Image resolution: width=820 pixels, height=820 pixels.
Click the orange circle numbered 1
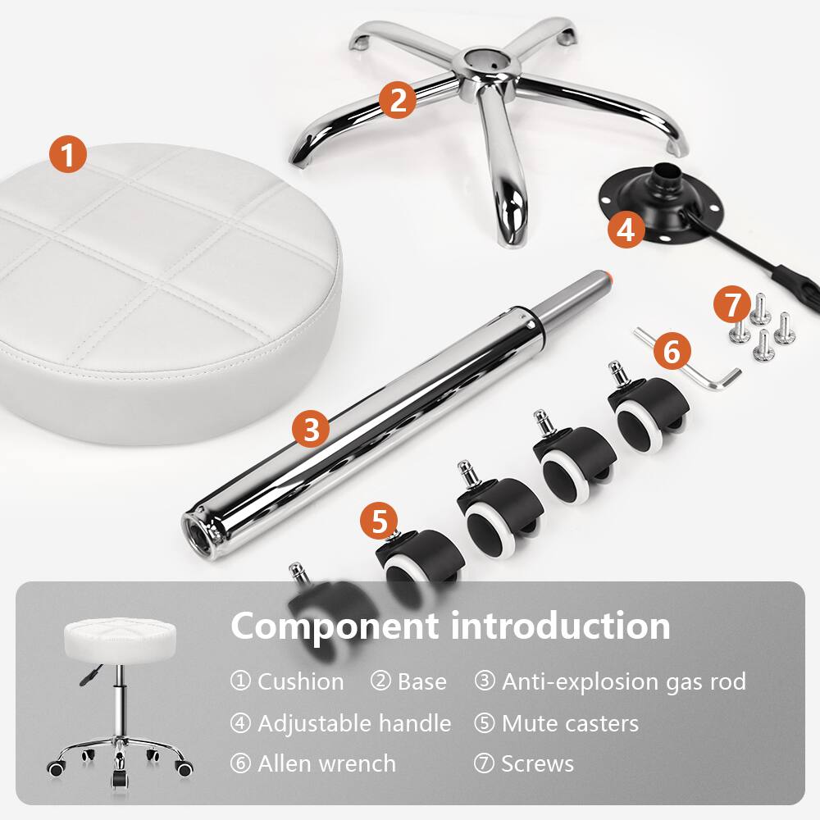point(68,154)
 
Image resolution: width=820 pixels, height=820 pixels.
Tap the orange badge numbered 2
point(398,101)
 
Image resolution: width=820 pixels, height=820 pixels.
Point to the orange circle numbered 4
point(626,230)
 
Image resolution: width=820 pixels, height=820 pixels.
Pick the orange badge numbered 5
point(379,520)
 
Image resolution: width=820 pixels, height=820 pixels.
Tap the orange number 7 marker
point(731,305)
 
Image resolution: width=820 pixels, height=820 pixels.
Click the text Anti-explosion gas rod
point(623,681)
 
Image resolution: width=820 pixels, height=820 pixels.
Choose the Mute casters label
point(569,723)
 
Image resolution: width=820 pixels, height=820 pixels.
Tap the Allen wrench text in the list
point(326,763)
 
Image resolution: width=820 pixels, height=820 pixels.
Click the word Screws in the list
point(537,763)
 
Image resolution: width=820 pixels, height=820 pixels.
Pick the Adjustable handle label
point(353,723)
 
